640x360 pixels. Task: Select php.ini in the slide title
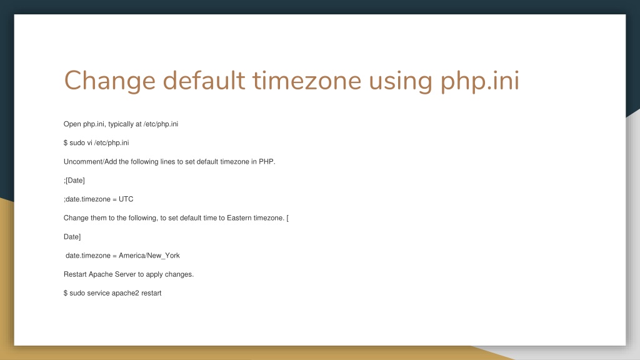pos(480,81)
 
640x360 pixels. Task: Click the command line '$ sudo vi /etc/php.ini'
pos(96,143)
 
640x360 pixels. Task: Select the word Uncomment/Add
pos(91,162)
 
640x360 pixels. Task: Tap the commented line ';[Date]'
pos(74,181)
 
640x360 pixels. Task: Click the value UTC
pos(126,199)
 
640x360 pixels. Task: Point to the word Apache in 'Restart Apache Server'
pos(101,274)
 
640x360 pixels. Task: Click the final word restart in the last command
pos(151,293)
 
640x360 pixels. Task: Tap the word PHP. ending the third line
pos(267,162)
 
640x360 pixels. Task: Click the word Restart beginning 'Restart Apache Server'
pos(75,274)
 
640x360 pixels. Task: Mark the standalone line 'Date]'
pos(72,237)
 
